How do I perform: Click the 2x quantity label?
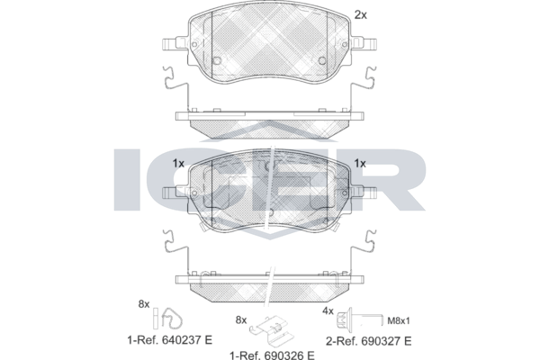361,14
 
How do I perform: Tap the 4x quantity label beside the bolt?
328,311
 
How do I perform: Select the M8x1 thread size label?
399,321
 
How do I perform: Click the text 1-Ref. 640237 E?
170,340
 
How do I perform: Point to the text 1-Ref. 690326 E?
272,355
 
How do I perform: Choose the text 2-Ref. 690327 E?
368,341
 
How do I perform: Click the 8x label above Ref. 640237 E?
144,304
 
